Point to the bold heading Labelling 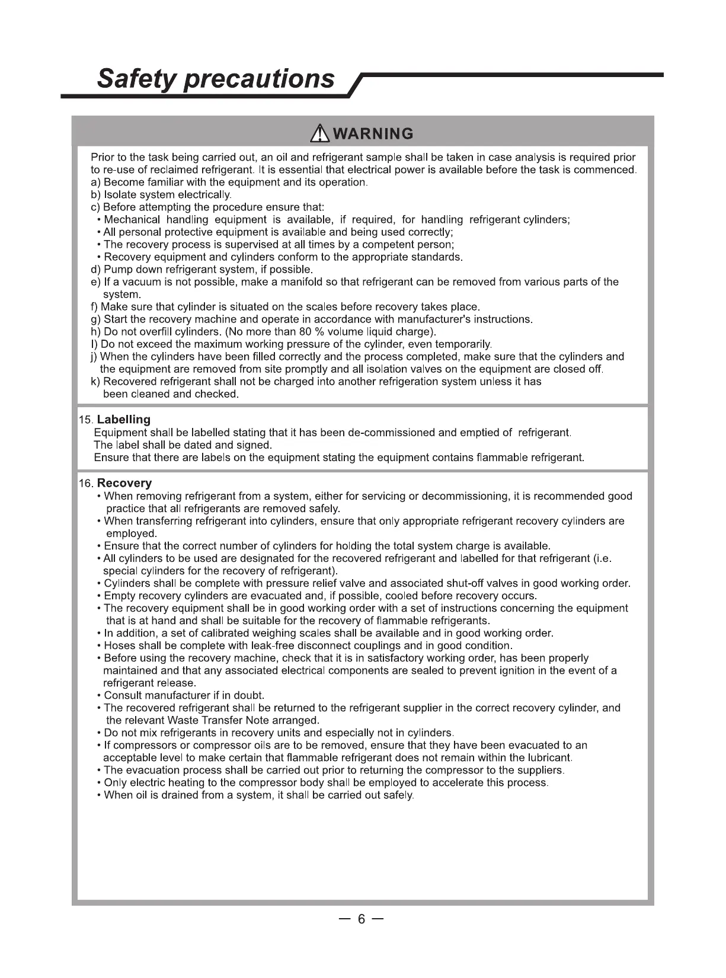click(123, 420)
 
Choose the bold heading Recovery click(124, 483)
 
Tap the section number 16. click(85, 484)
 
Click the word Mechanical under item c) click(132, 220)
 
